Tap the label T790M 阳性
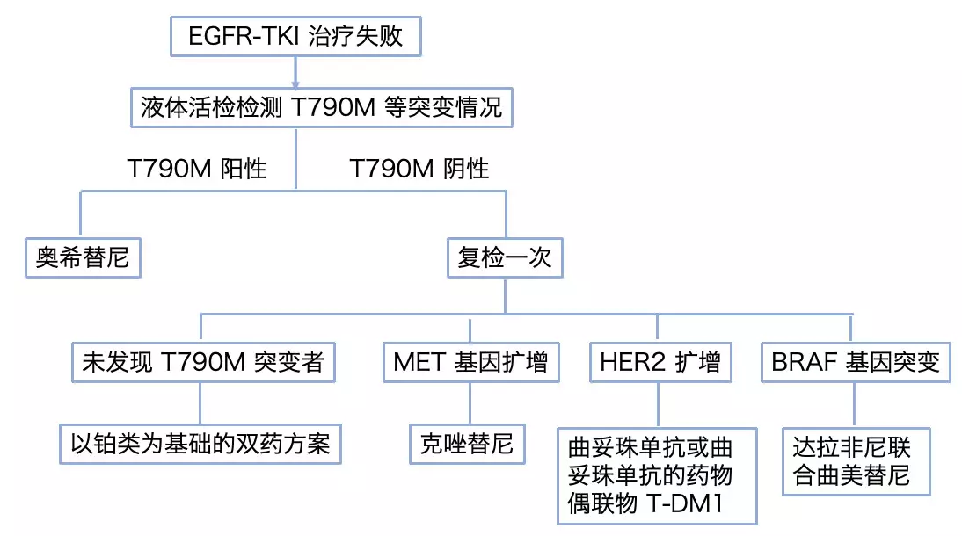[197, 169]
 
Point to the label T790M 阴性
[419, 169]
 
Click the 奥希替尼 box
[83, 257]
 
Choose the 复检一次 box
[504, 257]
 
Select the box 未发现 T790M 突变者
[203, 362]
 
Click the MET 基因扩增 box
[470, 362]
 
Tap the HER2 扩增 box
[660, 362]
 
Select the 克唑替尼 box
[467, 444]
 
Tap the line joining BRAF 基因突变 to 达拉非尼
[853, 404]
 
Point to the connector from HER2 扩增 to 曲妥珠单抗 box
[659, 404]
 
